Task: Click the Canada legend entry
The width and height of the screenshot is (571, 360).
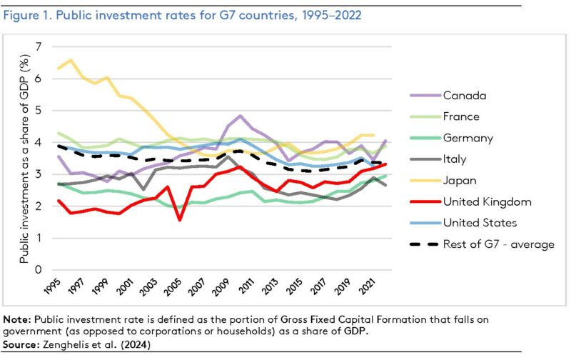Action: click(463, 95)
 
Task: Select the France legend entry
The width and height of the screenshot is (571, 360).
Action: click(461, 116)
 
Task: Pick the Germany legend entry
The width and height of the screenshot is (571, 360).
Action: click(468, 138)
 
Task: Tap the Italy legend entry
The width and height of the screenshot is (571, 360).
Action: click(455, 159)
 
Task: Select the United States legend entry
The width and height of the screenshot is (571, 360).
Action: click(480, 224)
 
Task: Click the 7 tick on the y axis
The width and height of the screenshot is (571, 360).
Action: click(40, 47)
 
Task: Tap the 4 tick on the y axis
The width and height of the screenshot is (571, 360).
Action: click(40, 142)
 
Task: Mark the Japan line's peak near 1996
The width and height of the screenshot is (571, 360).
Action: click(71, 60)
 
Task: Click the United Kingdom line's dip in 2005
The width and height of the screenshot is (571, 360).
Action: click(179, 219)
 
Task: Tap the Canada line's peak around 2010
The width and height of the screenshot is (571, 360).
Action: click(241, 116)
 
